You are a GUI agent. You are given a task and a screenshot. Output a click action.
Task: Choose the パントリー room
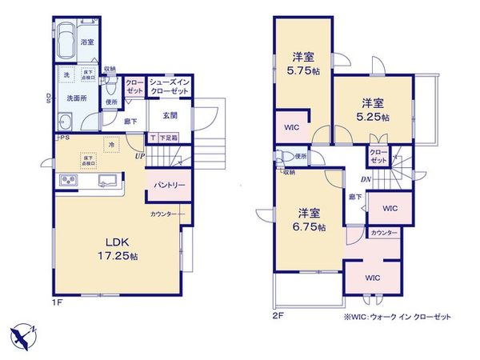(x=167, y=186)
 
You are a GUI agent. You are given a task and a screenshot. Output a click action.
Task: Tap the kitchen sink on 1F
(x=105, y=181)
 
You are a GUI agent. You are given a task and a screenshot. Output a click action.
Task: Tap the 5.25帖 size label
(x=374, y=117)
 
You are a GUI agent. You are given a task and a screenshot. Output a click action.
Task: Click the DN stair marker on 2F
(x=364, y=179)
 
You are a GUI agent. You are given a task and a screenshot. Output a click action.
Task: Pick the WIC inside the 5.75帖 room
(x=290, y=126)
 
